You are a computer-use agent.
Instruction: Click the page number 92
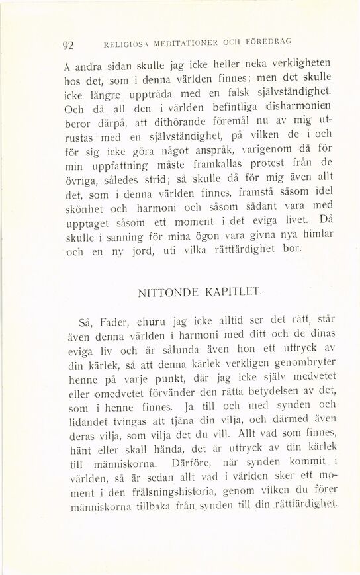click(x=67, y=46)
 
